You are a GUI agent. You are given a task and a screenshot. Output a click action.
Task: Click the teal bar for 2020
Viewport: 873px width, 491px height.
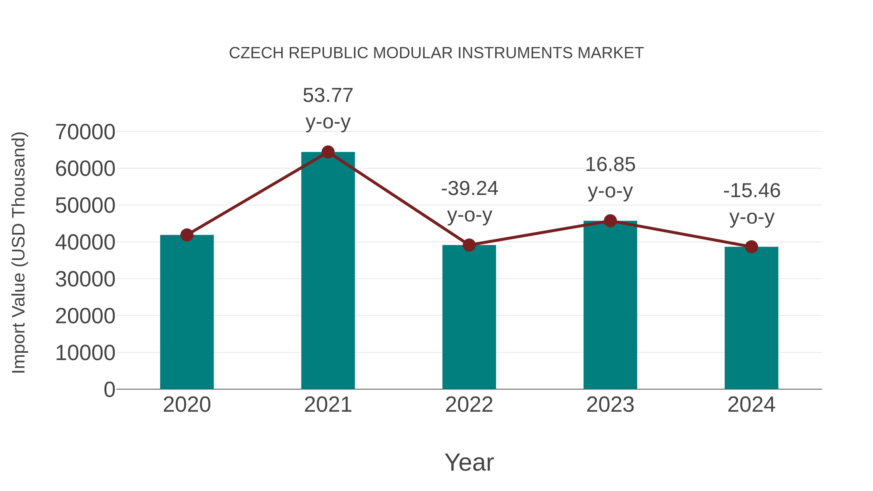pos(187,312)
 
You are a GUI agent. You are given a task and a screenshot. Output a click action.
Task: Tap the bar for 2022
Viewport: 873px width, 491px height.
pos(469,317)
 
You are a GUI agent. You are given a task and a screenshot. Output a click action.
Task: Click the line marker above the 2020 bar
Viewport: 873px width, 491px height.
pos(187,235)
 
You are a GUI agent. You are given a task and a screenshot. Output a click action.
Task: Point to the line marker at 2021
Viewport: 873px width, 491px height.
pos(328,152)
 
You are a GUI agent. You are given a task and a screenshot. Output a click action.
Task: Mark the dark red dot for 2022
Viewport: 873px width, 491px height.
pos(469,245)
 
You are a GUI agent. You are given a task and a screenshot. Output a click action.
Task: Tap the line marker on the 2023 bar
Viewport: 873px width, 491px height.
pos(610,221)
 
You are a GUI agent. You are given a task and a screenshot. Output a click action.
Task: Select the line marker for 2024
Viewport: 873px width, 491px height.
pos(751,247)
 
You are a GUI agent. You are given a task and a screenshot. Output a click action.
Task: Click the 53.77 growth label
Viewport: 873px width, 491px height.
pos(328,95)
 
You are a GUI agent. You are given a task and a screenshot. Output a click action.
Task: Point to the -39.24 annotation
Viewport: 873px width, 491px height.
pos(469,188)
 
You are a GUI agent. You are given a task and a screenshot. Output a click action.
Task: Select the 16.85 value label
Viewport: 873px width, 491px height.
pos(610,164)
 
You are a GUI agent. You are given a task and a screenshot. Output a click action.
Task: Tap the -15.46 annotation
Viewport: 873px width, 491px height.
pos(752,190)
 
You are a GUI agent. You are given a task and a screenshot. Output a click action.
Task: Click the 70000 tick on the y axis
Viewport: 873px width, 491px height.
pos(85,132)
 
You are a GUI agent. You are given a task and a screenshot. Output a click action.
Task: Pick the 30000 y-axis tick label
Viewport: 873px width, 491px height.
pos(85,279)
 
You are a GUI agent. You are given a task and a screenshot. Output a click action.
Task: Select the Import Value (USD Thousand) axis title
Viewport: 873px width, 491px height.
pos(19,252)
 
